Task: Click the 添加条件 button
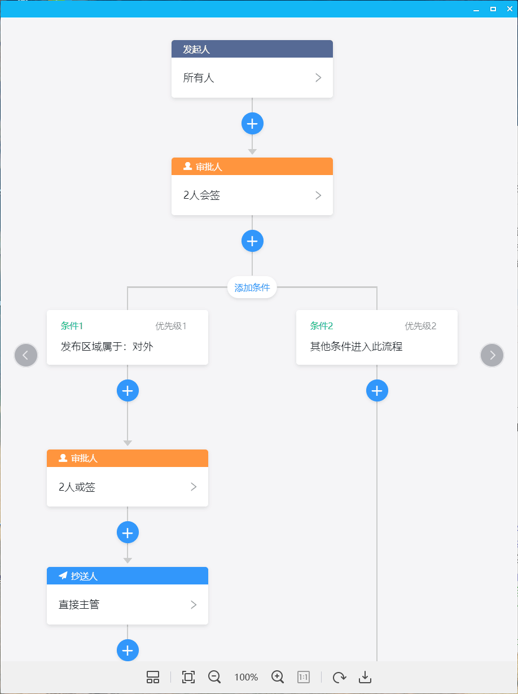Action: [x=252, y=287]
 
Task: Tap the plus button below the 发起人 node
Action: [x=252, y=124]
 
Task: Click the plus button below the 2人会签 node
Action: [x=252, y=241]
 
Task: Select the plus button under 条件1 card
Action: [x=128, y=391]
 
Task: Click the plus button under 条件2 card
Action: [x=377, y=391]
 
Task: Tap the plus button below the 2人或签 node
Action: [x=128, y=532]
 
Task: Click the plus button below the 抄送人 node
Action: [x=128, y=651]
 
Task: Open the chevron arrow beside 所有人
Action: [x=318, y=78]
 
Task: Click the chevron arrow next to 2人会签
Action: [x=318, y=195]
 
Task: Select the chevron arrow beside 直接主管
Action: [x=194, y=605]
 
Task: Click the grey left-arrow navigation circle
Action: [x=26, y=355]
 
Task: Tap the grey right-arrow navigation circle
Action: [x=492, y=355]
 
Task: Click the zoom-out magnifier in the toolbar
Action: [x=214, y=677]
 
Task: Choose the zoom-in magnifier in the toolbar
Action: [x=278, y=677]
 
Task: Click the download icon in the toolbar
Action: [x=365, y=677]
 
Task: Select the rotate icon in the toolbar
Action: [x=340, y=677]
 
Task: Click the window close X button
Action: [x=510, y=9]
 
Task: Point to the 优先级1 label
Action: [x=170, y=326]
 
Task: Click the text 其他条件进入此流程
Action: [x=356, y=347]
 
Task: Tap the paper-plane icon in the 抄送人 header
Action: [x=63, y=576]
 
